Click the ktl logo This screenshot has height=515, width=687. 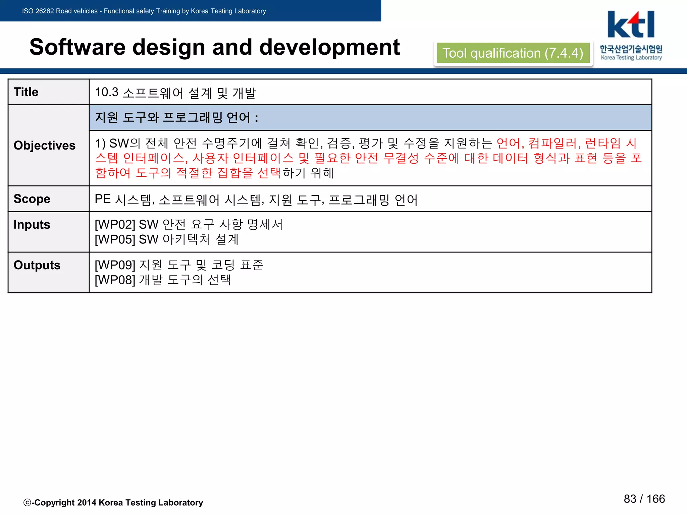[x=631, y=25]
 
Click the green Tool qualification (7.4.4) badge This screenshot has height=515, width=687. [x=513, y=53]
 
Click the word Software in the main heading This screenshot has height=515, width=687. [x=77, y=47]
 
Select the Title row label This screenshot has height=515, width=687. [x=26, y=92]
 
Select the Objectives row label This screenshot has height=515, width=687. [x=45, y=145]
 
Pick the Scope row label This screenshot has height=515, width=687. [x=32, y=199]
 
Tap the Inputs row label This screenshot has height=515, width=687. [x=32, y=224]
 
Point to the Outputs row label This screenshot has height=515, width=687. [x=37, y=265]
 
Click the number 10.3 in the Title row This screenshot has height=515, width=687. [x=107, y=92]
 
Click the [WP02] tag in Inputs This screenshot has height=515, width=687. [x=115, y=224]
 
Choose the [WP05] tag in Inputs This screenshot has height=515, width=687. [x=115, y=239]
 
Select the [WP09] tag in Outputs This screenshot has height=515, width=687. [x=115, y=265]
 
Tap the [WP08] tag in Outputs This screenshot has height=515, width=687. [x=115, y=280]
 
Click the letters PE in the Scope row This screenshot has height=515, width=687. [x=103, y=199]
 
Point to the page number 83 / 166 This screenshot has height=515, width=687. [x=644, y=499]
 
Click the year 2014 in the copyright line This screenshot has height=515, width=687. [x=87, y=502]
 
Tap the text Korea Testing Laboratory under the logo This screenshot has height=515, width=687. [x=631, y=58]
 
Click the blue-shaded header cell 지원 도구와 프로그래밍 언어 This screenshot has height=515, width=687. [x=370, y=117]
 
